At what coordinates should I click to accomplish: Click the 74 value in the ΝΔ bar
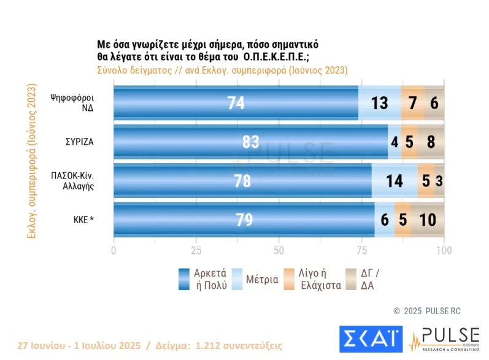click(236, 103)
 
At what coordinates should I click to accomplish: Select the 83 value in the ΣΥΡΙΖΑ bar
click(250, 142)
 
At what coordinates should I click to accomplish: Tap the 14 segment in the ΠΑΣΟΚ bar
click(395, 181)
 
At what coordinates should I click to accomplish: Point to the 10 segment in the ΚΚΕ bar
click(427, 220)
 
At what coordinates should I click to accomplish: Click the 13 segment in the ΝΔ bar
click(380, 103)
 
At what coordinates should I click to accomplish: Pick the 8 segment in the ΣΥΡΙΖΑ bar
click(431, 142)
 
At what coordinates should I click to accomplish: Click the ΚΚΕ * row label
click(80, 219)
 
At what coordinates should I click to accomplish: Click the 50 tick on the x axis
click(279, 251)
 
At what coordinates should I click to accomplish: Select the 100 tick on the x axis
click(444, 251)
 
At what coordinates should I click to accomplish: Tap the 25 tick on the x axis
click(196, 251)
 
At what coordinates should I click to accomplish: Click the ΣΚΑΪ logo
click(371, 340)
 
